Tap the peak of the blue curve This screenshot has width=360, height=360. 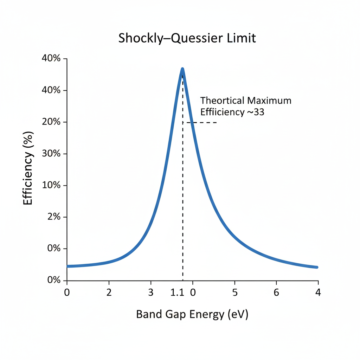click(x=182, y=69)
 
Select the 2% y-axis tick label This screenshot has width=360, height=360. click(x=54, y=217)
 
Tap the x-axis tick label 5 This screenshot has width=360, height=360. click(x=235, y=292)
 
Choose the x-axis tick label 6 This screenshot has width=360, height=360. click(x=276, y=292)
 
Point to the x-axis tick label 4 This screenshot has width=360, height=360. click(x=318, y=292)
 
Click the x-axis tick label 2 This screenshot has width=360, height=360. click(x=109, y=292)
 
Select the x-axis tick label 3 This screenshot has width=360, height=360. click(x=151, y=292)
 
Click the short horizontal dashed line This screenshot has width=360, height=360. click(x=202, y=122)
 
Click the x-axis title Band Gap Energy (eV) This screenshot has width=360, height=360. click(x=192, y=314)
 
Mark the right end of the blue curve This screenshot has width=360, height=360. click(x=317, y=267)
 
